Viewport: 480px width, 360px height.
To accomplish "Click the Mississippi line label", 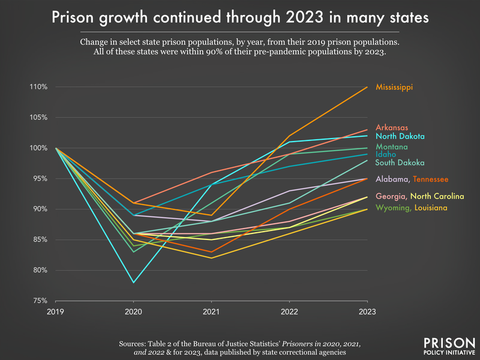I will (394, 88).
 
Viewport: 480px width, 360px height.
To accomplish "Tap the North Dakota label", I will (400, 137).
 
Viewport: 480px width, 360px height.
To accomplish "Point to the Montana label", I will (392, 147).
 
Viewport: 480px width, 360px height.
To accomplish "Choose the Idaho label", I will (386, 155).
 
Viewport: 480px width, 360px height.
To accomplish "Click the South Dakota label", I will (400, 163).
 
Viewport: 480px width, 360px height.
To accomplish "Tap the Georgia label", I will (391, 196).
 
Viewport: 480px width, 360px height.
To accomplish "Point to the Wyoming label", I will (392, 208).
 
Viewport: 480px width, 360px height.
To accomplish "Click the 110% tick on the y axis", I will (38, 87).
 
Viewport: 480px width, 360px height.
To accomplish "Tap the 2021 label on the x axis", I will (211, 313).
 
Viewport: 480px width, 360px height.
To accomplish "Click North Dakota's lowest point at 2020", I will (133, 282).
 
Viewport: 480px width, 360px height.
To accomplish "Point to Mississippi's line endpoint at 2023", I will (367, 87).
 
